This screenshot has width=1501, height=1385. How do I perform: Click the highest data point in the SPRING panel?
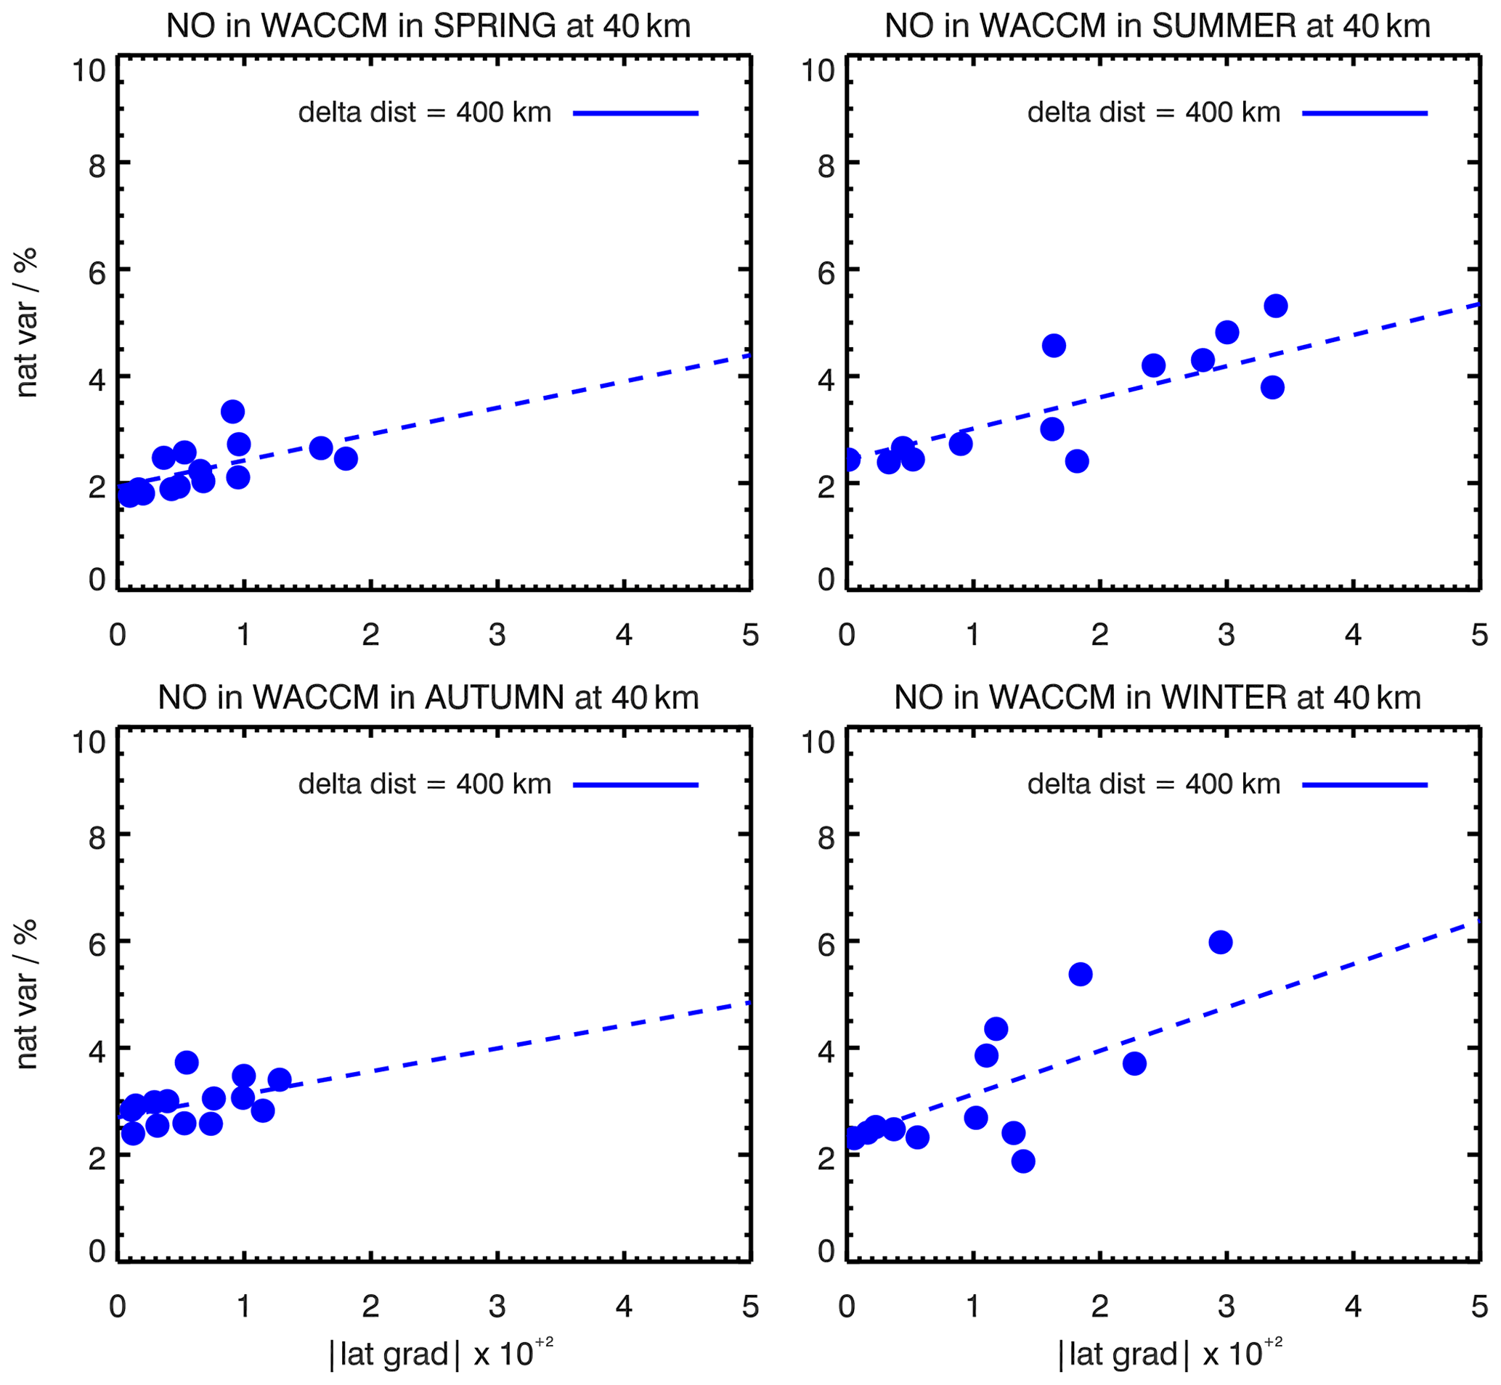pos(232,412)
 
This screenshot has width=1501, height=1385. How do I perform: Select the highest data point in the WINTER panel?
pos(1220,942)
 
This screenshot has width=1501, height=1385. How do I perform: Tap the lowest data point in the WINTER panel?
pos(1023,1161)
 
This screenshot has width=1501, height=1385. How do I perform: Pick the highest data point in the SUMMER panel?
pos(1275,306)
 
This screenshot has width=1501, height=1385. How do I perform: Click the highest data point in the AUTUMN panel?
pos(187,1062)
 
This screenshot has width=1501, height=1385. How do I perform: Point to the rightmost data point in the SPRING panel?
pos(346,459)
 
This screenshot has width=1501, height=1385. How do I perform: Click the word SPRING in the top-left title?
pos(495,27)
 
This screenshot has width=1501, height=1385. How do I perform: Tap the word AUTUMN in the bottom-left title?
pos(495,699)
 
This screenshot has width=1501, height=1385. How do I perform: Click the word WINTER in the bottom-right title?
pos(1223,699)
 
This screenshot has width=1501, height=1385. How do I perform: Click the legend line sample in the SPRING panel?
pos(635,113)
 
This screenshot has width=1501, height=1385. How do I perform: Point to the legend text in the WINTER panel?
pos(1153,784)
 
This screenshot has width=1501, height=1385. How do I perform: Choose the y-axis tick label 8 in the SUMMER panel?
pos(826,166)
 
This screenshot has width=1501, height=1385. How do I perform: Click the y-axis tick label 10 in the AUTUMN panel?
pos(89,743)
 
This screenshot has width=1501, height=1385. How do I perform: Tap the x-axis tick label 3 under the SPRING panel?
pos(497,635)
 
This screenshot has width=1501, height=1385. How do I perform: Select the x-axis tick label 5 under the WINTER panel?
pos(1478,1307)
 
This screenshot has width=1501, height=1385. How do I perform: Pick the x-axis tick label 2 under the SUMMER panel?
pos(1099,635)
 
